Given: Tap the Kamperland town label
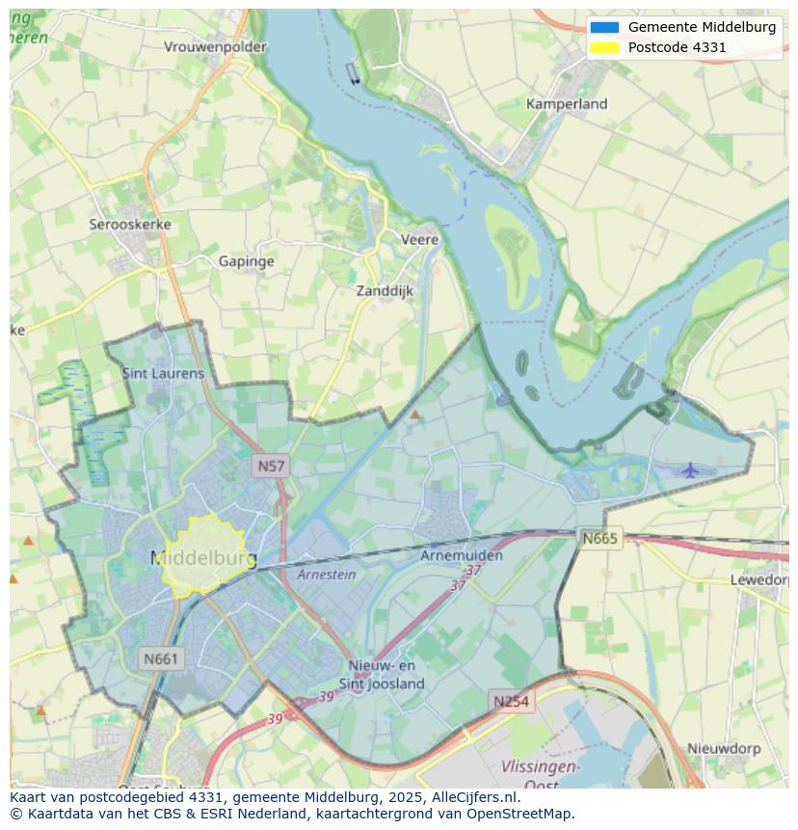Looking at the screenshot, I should click(567, 104).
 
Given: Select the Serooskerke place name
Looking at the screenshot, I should click(130, 225).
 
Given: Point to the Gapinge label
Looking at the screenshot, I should click(246, 261).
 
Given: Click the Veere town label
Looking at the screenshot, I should click(419, 240).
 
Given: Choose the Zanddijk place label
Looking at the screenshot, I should click(385, 290).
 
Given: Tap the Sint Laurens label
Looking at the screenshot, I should click(163, 373).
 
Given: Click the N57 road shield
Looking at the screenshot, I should click(271, 467).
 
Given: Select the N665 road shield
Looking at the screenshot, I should click(599, 539).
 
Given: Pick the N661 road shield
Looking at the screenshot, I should click(160, 659).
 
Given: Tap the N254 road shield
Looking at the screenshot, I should click(511, 701).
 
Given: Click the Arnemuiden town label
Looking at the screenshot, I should click(462, 556).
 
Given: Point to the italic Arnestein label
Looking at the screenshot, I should click(326, 575).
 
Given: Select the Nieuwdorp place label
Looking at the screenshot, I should click(724, 748).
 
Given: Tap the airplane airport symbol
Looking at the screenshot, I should click(690, 470).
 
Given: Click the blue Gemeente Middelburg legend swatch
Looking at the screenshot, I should click(605, 27).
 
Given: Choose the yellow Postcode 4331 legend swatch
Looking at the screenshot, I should click(605, 47).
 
